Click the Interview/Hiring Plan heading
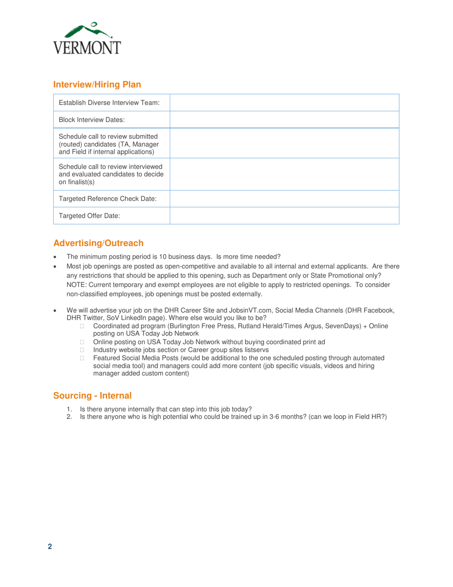pyautogui.click(x=97, y=85)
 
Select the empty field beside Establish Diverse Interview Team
pyautogui.click(x=284, y=103)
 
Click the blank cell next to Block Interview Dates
pyautogui.click(x=284, y=119)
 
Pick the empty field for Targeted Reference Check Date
pyautogui.click(x=284, y=199)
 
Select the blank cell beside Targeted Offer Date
pyautogui.click(x=284, y=215)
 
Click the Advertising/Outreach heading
pyautogui.click(x=98, y=243)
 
